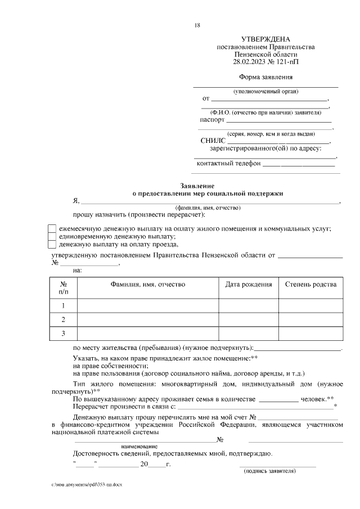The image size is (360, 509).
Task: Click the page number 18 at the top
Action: click(x=197, y=25)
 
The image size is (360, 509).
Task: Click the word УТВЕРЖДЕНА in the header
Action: click(x=265, y=39)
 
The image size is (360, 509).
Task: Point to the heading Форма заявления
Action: click(x=265, y=77)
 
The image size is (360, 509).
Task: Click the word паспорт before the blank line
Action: click(x=212, y=119)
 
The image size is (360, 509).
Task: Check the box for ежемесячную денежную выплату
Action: click(x=52, y=229)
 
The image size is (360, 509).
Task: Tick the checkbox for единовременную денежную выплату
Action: click(x=52, y=237)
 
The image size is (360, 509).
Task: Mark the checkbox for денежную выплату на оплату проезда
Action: click(x=52, y=245)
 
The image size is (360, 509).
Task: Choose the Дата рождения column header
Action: click(x=249, y=285)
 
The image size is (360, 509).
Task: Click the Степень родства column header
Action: click(x=311, y=285)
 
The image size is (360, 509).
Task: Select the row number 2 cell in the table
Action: click(x=64, y=319)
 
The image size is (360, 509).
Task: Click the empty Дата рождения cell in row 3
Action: click(x=249, y=334)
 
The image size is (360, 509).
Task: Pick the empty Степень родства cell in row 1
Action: click(x=311, y=305)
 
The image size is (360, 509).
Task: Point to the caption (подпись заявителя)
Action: click(x=269, y=471)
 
